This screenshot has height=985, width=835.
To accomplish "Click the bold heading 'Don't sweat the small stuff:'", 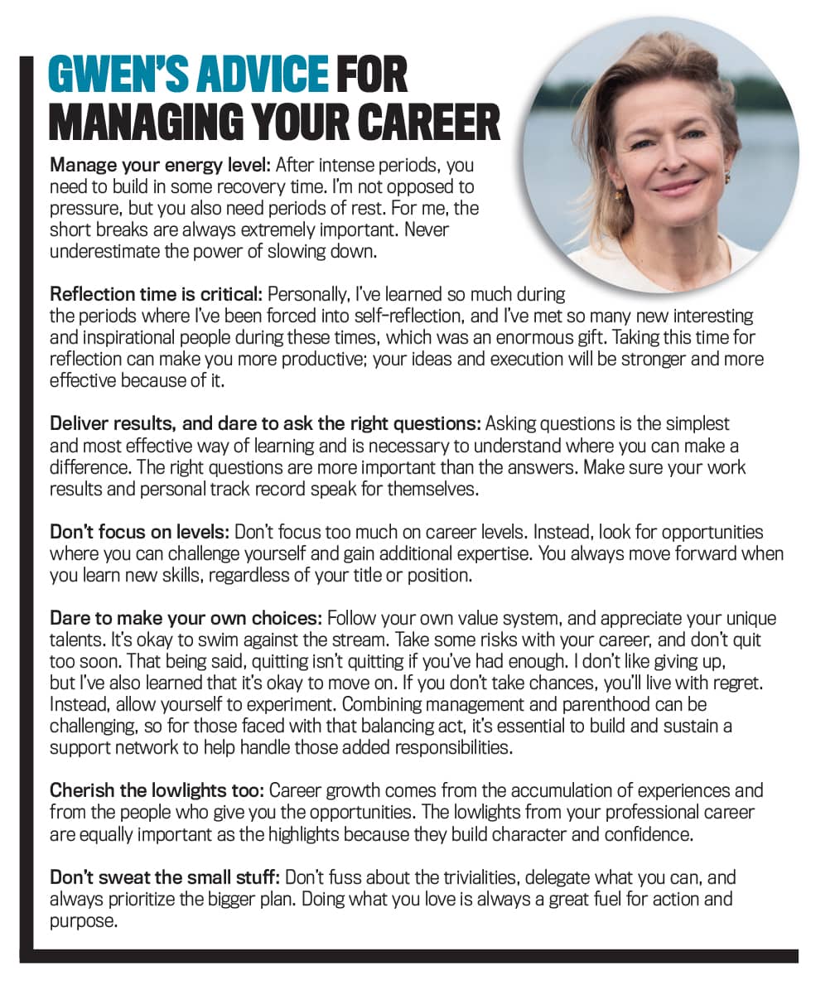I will [x=161, y=876].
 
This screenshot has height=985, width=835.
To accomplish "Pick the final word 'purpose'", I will [x=83, y=920].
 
